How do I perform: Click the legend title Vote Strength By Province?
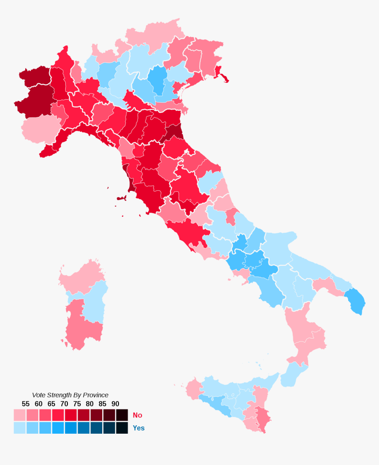coord(70,395)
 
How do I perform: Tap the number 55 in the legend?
coord(26,404)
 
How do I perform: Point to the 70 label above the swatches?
coord(64,404)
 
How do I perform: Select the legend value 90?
coord(115,404)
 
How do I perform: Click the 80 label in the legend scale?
coord(89,404)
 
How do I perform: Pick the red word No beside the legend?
coord(137,415)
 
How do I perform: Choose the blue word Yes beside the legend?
coord(138,428)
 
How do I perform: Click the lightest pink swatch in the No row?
coord(19,415)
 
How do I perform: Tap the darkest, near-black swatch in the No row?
coord(122,415)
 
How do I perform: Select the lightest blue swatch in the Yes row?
coord(19,428)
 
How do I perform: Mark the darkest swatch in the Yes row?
coord(122,428)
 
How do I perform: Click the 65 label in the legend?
coord(51,404)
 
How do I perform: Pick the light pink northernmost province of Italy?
coord(154,33)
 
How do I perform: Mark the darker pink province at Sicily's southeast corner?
coord(263,419)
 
